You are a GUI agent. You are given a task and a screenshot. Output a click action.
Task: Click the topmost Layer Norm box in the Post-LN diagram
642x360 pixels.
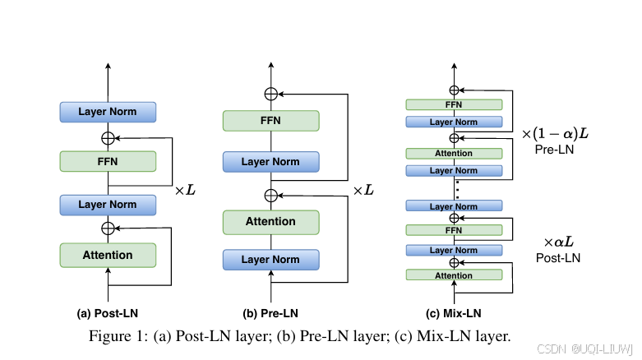point(108,111)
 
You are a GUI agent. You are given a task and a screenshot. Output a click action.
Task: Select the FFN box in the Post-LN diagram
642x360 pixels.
point(108,161)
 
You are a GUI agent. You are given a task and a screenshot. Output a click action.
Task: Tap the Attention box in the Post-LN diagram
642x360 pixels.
point(108,255)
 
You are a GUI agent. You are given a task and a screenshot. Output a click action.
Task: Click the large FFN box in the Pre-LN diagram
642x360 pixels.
point(270,120)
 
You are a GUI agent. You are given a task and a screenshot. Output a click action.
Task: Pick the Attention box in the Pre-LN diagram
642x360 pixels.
point(270,221)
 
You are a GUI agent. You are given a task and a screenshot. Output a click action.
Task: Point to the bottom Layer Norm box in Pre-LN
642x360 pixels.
point(270,260)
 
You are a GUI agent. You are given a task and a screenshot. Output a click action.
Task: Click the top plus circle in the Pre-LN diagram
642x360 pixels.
point(270,94)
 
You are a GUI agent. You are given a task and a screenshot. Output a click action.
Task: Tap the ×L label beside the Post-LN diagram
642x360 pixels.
point(185,190)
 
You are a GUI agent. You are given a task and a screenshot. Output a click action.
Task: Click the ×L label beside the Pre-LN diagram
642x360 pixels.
point(363,190)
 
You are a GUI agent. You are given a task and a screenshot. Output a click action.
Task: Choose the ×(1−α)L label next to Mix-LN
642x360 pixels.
point(557,132)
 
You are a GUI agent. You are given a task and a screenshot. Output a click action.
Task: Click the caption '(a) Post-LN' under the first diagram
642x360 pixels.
point(107,313)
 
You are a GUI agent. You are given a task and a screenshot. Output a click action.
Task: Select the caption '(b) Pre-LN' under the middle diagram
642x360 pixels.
point(270,313)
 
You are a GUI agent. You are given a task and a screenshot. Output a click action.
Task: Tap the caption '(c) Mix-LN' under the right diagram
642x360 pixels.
point(454,313)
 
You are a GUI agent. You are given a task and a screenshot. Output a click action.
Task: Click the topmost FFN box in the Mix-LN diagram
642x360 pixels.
point(454,104)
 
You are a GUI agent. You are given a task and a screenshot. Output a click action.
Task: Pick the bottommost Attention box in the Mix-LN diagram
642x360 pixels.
point(454,275)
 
